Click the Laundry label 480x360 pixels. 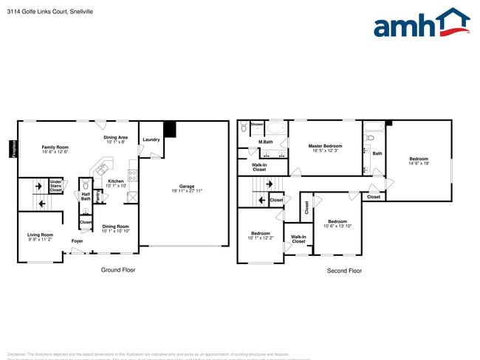151,139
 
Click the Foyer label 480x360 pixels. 77,241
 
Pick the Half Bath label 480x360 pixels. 86,196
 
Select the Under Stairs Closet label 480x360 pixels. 56,186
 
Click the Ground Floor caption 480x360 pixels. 118,270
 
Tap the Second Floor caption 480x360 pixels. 344,271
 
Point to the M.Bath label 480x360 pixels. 266,142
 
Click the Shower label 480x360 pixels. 257,125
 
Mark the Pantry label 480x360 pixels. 97,197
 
